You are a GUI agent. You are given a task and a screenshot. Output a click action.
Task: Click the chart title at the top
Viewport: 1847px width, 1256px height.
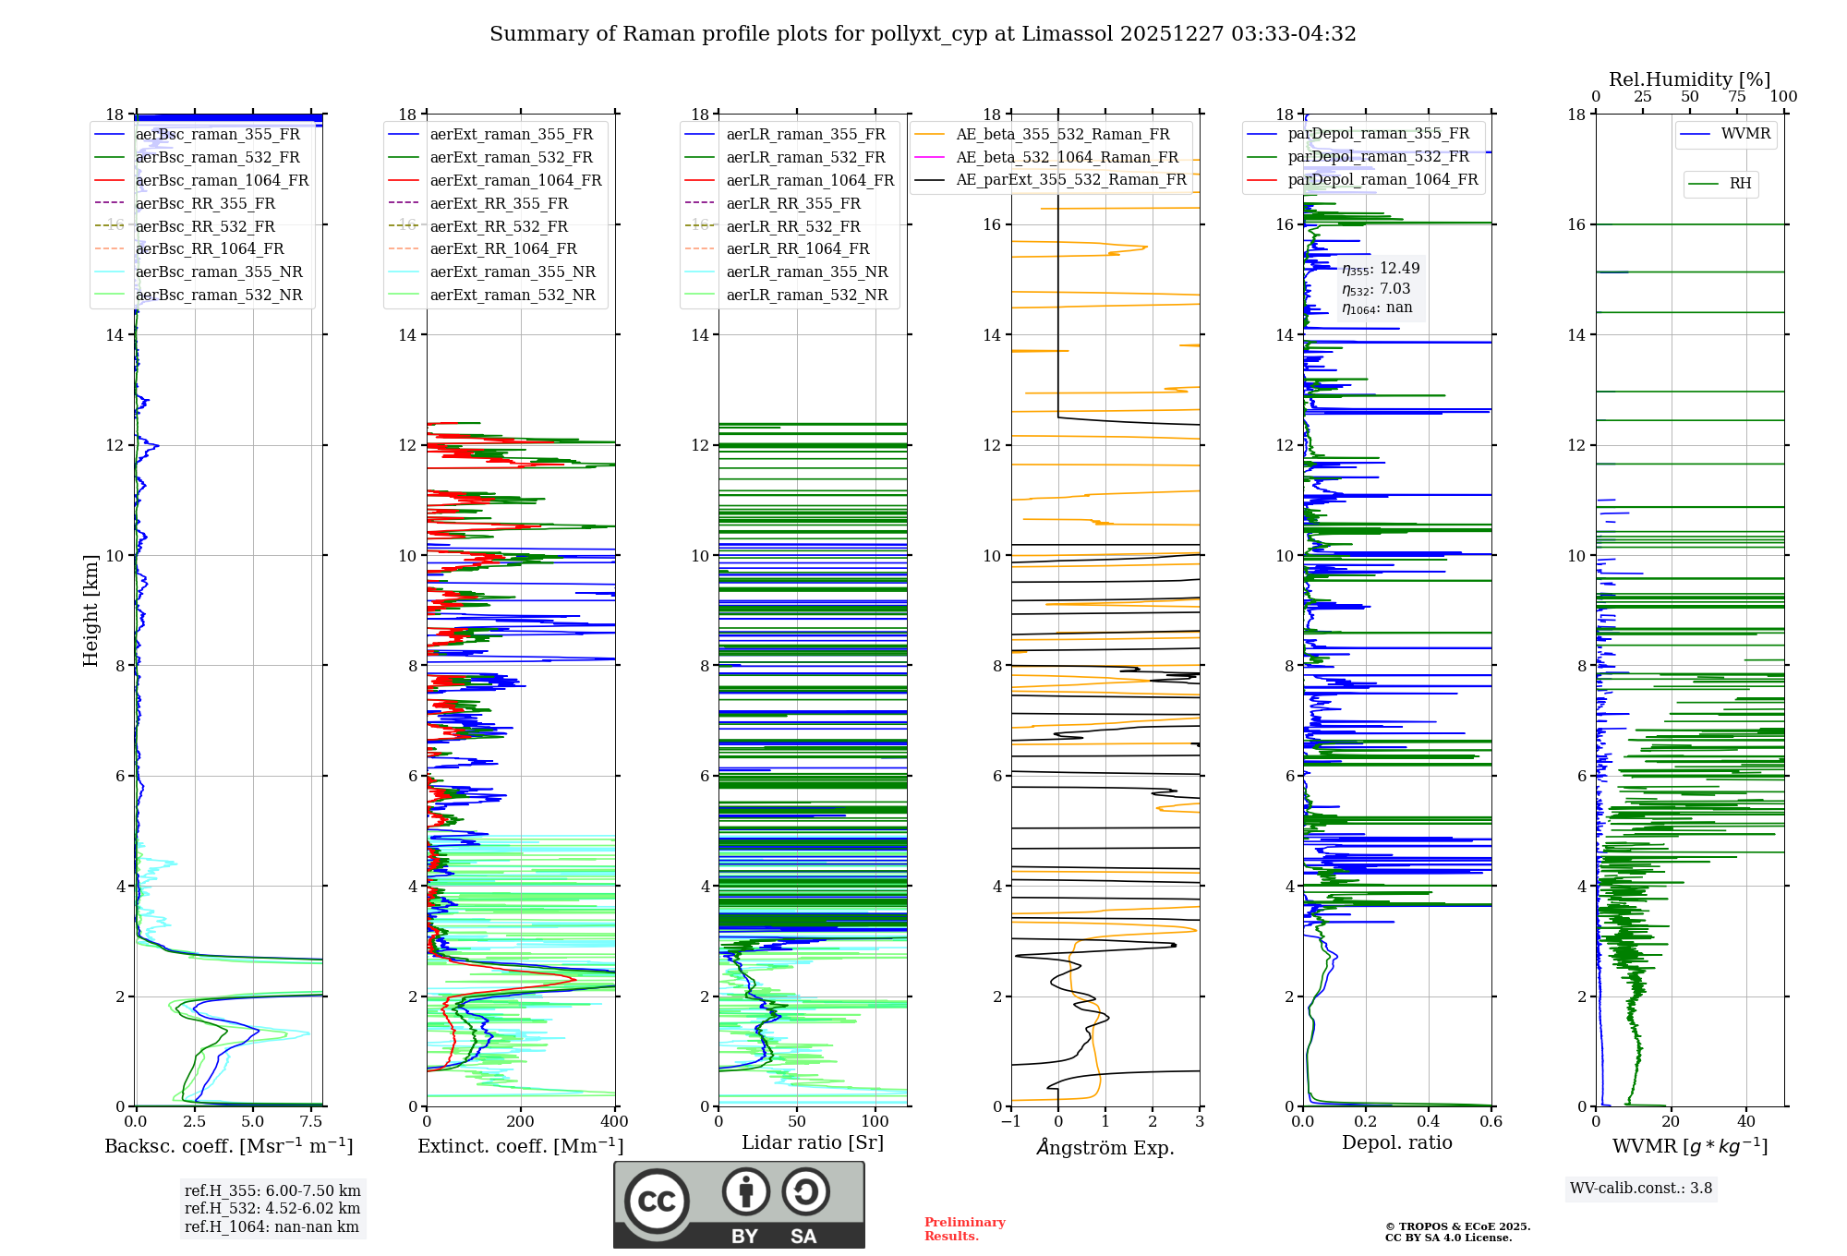pyautogui.click(x=923, y=34)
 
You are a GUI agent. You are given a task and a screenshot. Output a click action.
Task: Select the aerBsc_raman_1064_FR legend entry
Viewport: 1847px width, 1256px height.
pyautogui.click(x=222, y=180)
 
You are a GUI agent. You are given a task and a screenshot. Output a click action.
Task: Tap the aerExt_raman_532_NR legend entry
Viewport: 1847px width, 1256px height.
pyautogui.click(x=513, y=295)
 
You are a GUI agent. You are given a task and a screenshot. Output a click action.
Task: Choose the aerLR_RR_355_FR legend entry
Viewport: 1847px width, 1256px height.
pyautogui.click(x=792, y=203)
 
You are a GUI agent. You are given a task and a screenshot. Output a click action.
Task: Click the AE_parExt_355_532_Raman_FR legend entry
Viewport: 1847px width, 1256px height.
pyautogui.click(x=1070, y=179)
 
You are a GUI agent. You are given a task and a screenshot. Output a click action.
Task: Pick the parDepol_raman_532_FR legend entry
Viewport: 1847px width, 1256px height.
pyautogui.click(x=1378, y=157)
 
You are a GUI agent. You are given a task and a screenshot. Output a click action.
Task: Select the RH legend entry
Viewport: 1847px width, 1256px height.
pyautogui.click(x=1740, y=184)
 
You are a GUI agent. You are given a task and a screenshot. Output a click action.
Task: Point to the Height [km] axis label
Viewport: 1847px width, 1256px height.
pyautogui.click(x=91, y=610)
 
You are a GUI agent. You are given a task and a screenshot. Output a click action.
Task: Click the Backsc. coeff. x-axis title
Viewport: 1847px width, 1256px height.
pyautogui.click(x=228, y=1146)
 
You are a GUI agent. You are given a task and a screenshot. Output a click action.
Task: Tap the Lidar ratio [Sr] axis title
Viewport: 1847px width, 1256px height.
pyautogui.click(x=813, y=1142)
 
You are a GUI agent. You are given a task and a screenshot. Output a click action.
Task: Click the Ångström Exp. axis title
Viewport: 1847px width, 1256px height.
pyautogui.click(x=1105, y=1147)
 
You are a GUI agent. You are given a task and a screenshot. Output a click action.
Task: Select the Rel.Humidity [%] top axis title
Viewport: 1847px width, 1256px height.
pyautogui.click(x=1689, y=79)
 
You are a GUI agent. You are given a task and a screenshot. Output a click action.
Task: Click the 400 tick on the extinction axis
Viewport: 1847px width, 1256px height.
pyautogui.click(x=615, y=1122)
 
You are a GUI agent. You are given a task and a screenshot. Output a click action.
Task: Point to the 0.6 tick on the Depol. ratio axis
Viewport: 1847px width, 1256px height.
pyautogui.click(x=1491, y=1122)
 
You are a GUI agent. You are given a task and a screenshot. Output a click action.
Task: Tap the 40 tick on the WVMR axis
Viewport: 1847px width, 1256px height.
pyautogui.click(x=1746, y=1122)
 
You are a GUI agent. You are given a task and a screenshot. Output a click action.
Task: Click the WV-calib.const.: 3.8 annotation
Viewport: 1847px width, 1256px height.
pyautogui.click(x=1640, y=1189)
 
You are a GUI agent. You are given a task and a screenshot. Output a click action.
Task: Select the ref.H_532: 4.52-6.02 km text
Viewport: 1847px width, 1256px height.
pyautogui.click(x=272, y=1208)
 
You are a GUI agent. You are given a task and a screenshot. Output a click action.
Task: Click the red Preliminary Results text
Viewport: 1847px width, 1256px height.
pyautogui.click(x=964, y=1228)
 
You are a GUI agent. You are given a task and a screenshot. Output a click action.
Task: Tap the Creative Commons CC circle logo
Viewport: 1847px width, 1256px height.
pyautogui.click(x=657, y=1201)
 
